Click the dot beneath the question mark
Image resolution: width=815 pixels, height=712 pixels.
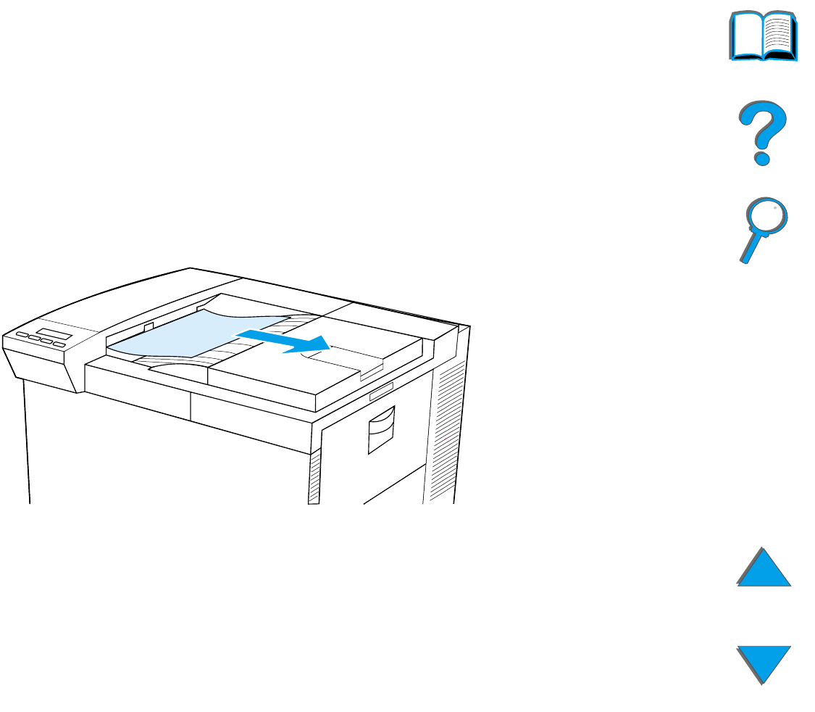point(761,157)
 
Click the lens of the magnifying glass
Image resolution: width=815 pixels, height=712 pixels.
point(766,218)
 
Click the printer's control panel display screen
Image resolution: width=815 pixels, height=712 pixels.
point(55,334)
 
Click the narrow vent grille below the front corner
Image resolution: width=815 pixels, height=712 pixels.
point(314,478)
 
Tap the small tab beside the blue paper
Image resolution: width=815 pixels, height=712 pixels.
point(149,327)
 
